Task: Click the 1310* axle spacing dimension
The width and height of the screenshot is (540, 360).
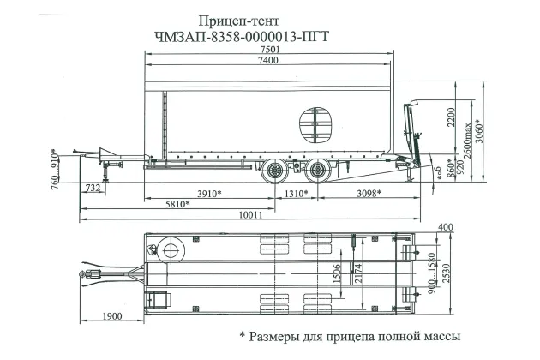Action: click(x=295, y=194)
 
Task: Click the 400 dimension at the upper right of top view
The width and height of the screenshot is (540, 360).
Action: click(x=444, y=226)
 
